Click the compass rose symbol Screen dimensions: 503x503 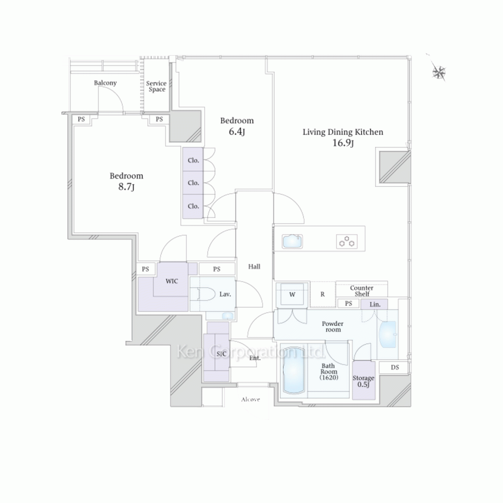439,72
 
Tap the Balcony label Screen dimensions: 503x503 105,83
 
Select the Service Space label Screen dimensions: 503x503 156,87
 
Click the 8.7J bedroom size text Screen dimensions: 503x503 126,187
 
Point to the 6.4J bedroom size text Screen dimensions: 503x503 237,131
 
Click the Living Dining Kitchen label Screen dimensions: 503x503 343,132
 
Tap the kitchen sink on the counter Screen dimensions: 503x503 292,241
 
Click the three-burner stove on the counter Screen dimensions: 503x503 347,241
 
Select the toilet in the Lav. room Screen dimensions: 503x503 202,294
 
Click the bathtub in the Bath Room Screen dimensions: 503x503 293,370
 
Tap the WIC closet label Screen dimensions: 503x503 172,281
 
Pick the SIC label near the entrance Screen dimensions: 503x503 221,354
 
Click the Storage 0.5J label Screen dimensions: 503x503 364,381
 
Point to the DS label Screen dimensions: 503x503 395,367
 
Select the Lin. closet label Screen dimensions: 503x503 375,304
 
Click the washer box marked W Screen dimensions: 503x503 292,294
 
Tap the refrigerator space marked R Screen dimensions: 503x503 323,294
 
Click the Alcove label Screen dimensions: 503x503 250,399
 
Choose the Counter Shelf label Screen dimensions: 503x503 362,291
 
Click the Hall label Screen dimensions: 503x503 254,266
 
